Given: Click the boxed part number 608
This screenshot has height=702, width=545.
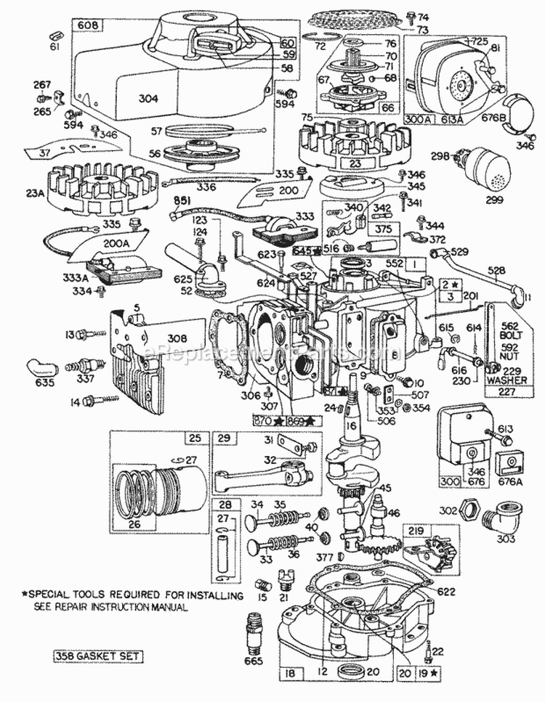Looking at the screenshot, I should tap(86, 26).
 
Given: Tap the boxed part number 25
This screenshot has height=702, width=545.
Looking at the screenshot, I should tap(193, 437).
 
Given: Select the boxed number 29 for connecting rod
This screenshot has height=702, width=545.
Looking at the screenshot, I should tap(223, 437).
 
